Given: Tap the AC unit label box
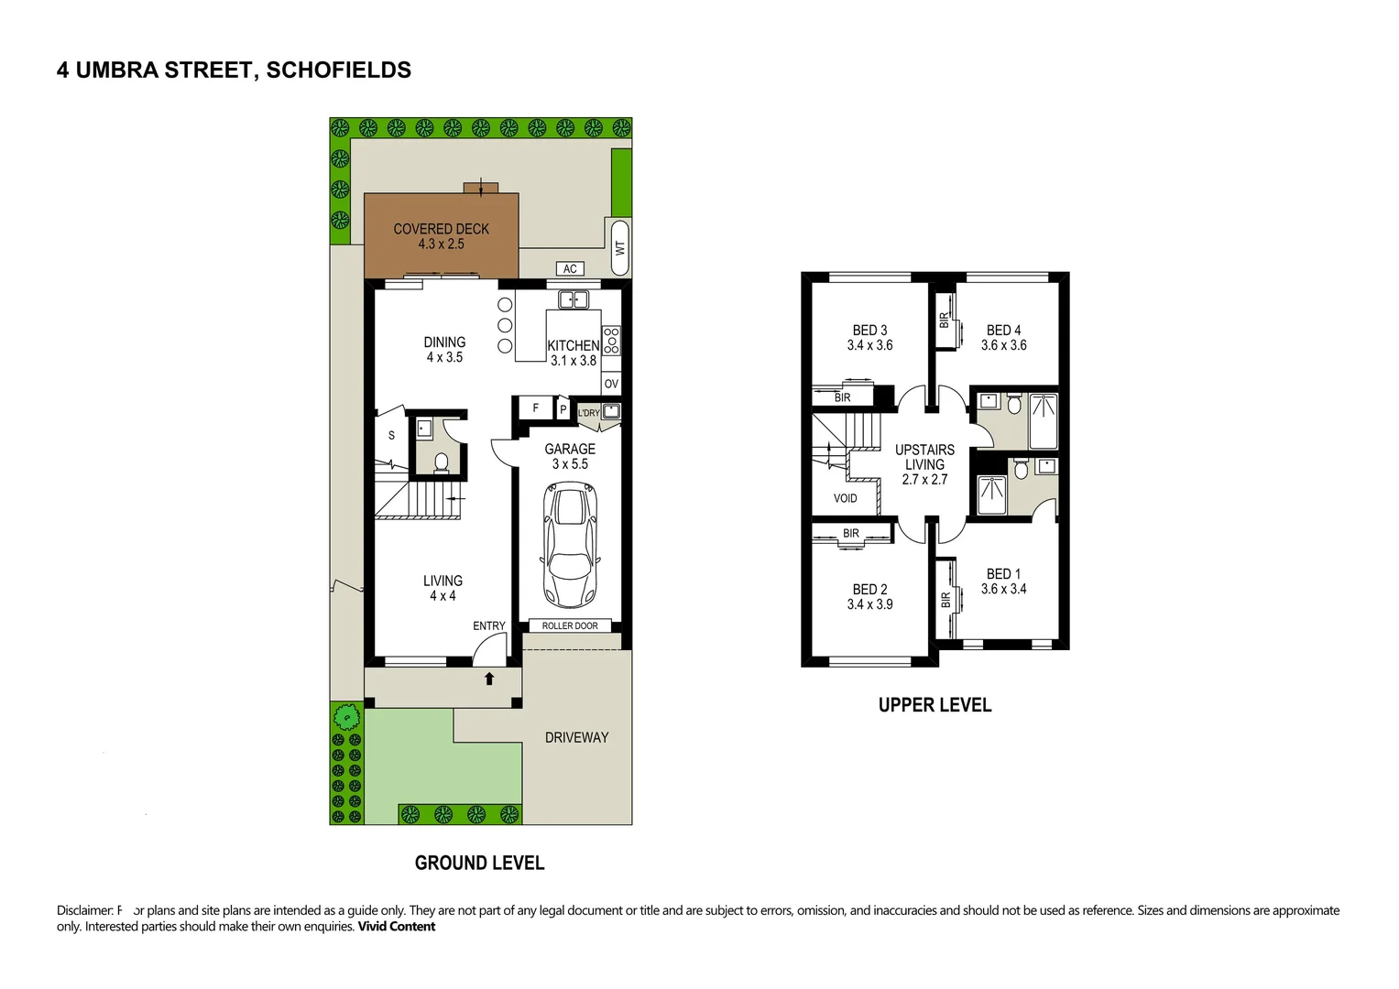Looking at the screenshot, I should tap(570, 268).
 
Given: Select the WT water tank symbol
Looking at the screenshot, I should tap(619, 248).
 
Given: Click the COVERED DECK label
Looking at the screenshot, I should tap(442, 229).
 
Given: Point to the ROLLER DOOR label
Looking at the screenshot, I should tap(570, 626).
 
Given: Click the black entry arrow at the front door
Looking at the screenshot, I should tap(489, 679).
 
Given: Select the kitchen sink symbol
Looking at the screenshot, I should tap(574, 299).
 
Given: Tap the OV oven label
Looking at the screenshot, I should tap(611, 384).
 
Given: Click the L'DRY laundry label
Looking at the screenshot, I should tap(589, 413).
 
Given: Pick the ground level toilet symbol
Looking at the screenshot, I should tap(441, 462).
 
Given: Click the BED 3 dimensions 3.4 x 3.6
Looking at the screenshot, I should tap(869, 345).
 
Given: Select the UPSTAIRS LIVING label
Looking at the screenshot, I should tap(924, 457).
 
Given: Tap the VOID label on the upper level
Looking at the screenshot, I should tap(845, 498).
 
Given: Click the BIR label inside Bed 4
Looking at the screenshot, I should tap(945, 320).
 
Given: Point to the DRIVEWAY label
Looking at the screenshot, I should tap(576, 737).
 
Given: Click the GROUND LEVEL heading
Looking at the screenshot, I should tap(479, 863).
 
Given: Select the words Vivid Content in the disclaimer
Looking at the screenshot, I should tap(396, 927).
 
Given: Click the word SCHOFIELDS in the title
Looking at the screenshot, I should tap(338, 71).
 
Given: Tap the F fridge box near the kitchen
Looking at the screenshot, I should tap(536, 408).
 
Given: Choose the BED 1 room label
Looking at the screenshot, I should tap(1003, 574).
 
